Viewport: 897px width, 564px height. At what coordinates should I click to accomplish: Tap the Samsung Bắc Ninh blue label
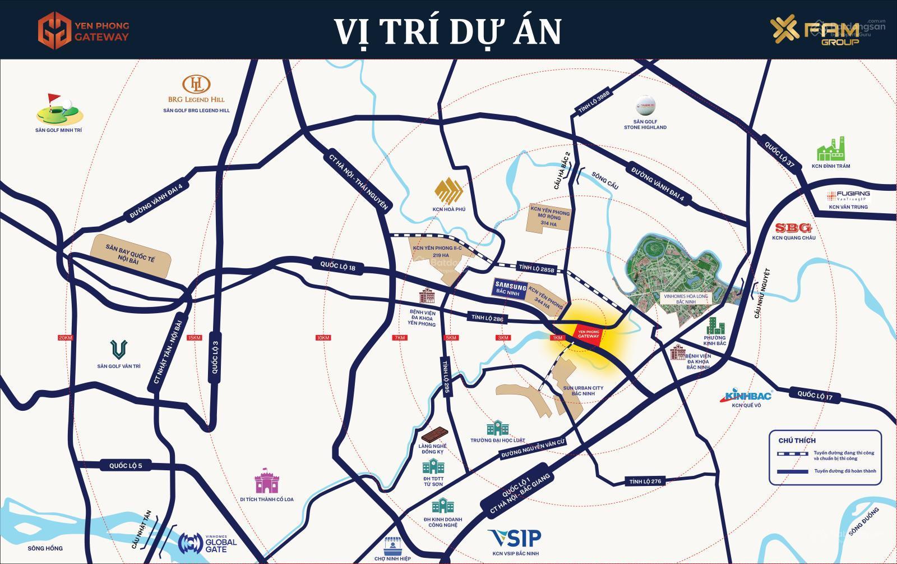coord(510,288)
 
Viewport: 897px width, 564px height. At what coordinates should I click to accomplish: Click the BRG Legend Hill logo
coord(197,89)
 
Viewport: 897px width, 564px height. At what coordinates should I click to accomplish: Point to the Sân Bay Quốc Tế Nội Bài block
coord(131,256)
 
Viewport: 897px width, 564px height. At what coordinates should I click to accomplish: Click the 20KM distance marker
coord(66,337)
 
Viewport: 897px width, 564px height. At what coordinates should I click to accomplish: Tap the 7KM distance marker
coord(399,337)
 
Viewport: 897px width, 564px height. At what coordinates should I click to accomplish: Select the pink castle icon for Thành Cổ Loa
coord(266,482)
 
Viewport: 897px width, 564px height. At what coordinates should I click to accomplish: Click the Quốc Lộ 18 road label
coord(338,265)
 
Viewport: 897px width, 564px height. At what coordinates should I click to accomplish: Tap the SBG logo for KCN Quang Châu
coord(793,228)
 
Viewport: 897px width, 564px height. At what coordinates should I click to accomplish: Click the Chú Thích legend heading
coord(797,440)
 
